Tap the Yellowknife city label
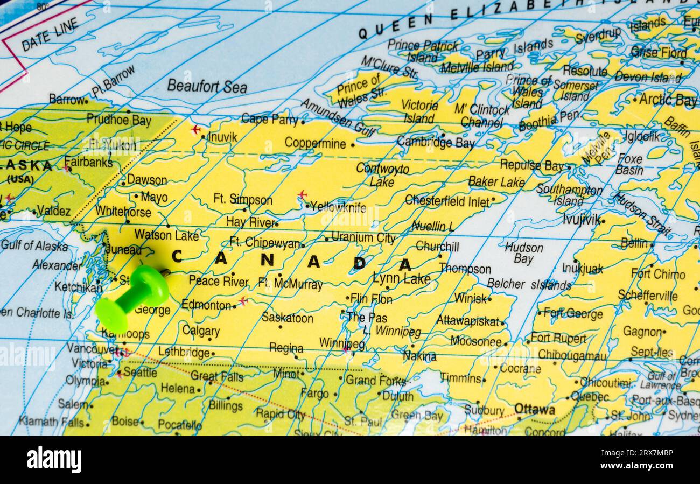pyautogui.click(x=338, y=207)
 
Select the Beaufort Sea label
pyautogui.click(x=207, y=86)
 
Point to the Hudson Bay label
pyautogui.click(x=524, y=252)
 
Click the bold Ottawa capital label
pyautogui.click(x=534, y=409)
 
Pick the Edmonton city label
pyautogui.click(x=206, y=305)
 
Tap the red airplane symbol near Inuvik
pyautogui.click(x=195, y=129)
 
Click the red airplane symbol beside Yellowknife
pyautogui.click(x=302, y=194)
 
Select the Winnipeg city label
pyautogui.click(x=341, y=343)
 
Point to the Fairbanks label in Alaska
pyautogui.click(x=88, y=162)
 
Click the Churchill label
pyautogui.click(x=437, y=246)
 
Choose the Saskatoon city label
pyautogui.click(x=287, y=318)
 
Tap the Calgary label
pyautogui.click(x=200, y=331)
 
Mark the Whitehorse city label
pyautogui.click(x=123, y=212)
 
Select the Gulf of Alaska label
pyautogui.click(x=34, y=246)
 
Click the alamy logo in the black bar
pyautogui.click(x=54, y=460)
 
